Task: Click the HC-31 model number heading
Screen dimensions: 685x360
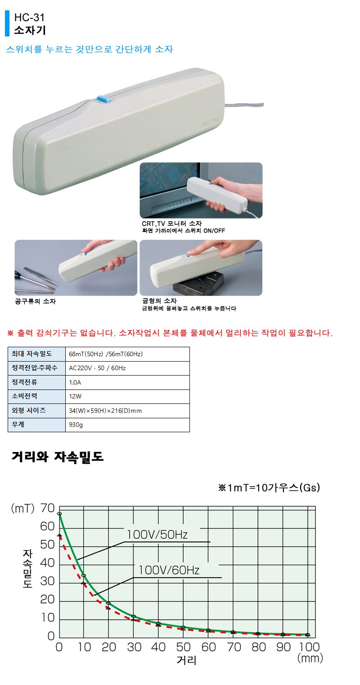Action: point(29,18)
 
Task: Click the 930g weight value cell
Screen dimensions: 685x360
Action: point(76,425)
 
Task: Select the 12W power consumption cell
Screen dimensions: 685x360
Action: point(75,396)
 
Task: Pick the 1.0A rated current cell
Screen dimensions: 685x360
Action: point(75,382)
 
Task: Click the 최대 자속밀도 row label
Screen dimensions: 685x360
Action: point(32,354)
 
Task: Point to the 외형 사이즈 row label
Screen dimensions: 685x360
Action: point(29,411)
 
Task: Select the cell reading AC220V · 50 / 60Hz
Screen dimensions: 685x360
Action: point(97,368)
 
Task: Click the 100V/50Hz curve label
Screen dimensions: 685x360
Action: point(157,535)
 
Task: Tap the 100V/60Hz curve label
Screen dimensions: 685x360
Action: point(169,570)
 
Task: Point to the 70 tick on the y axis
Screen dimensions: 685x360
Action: point(48,509)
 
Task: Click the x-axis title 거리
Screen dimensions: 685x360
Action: point(186,661)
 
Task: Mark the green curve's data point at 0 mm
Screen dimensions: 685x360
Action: point(59,513)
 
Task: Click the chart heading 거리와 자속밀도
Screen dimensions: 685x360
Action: point(58,457)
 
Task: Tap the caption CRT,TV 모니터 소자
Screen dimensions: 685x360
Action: point(171,224)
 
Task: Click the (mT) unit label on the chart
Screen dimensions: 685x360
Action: point(23,509)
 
